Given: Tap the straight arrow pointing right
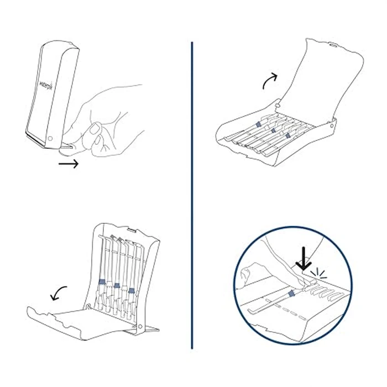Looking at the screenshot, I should pos(69,164).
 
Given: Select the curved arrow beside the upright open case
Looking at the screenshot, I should pos(59,293).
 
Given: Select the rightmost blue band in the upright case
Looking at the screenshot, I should pos(131,289).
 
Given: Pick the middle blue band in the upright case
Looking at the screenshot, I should pos(117,286).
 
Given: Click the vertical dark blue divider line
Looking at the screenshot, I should pos(192,193).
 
